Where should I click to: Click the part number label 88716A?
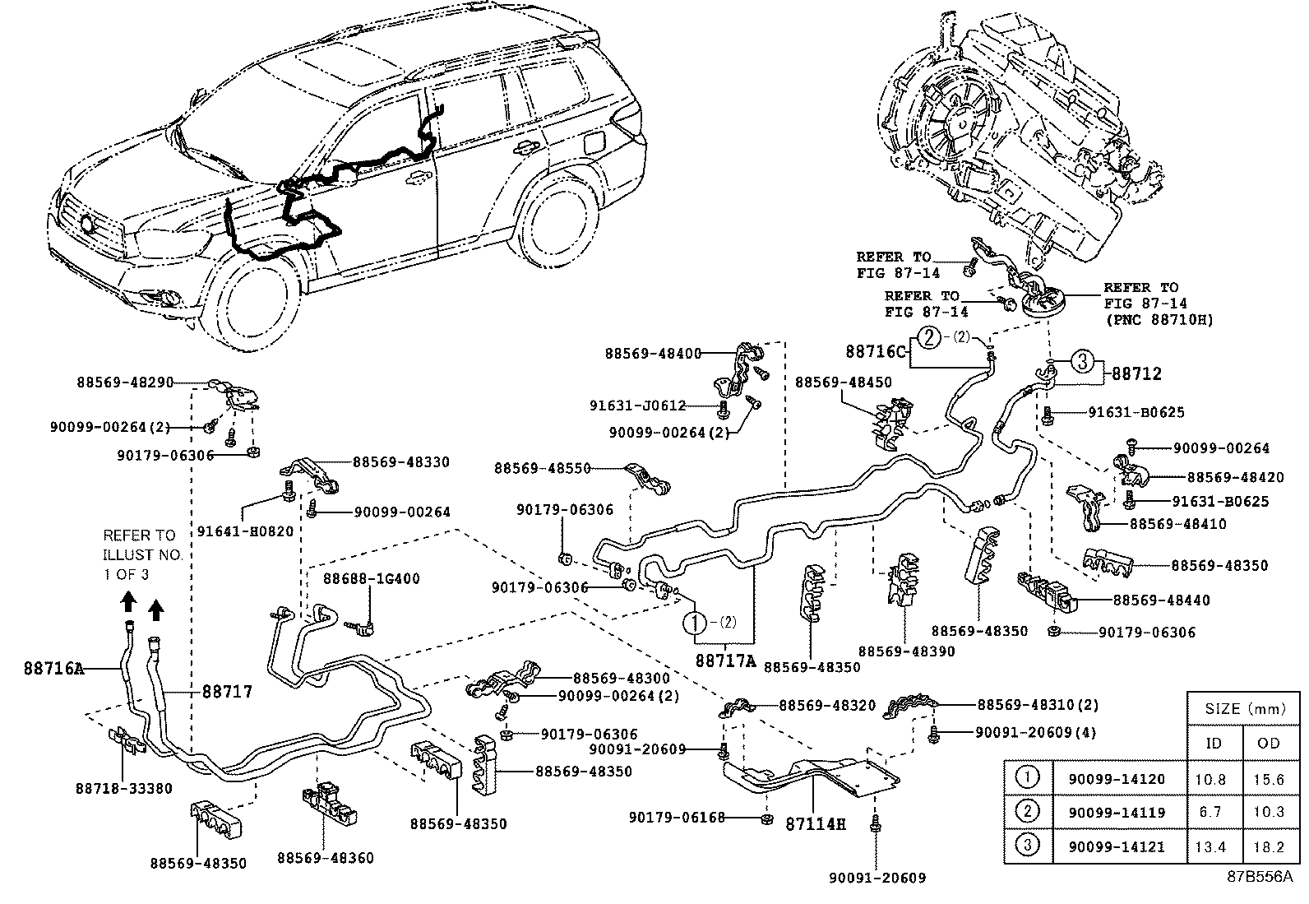[54, 669]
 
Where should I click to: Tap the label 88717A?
[725, 660]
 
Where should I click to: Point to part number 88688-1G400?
[371, 578]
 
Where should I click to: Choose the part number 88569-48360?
[325, 858]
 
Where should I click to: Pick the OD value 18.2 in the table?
[1270, 846]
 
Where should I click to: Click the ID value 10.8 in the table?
[1214, 777]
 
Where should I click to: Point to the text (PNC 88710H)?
[1159, 318]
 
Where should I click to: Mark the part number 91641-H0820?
[245, 531]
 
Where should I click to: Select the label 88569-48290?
[126, 382]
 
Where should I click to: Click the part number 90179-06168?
[677, 817]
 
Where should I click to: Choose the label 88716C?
[876, 350]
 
